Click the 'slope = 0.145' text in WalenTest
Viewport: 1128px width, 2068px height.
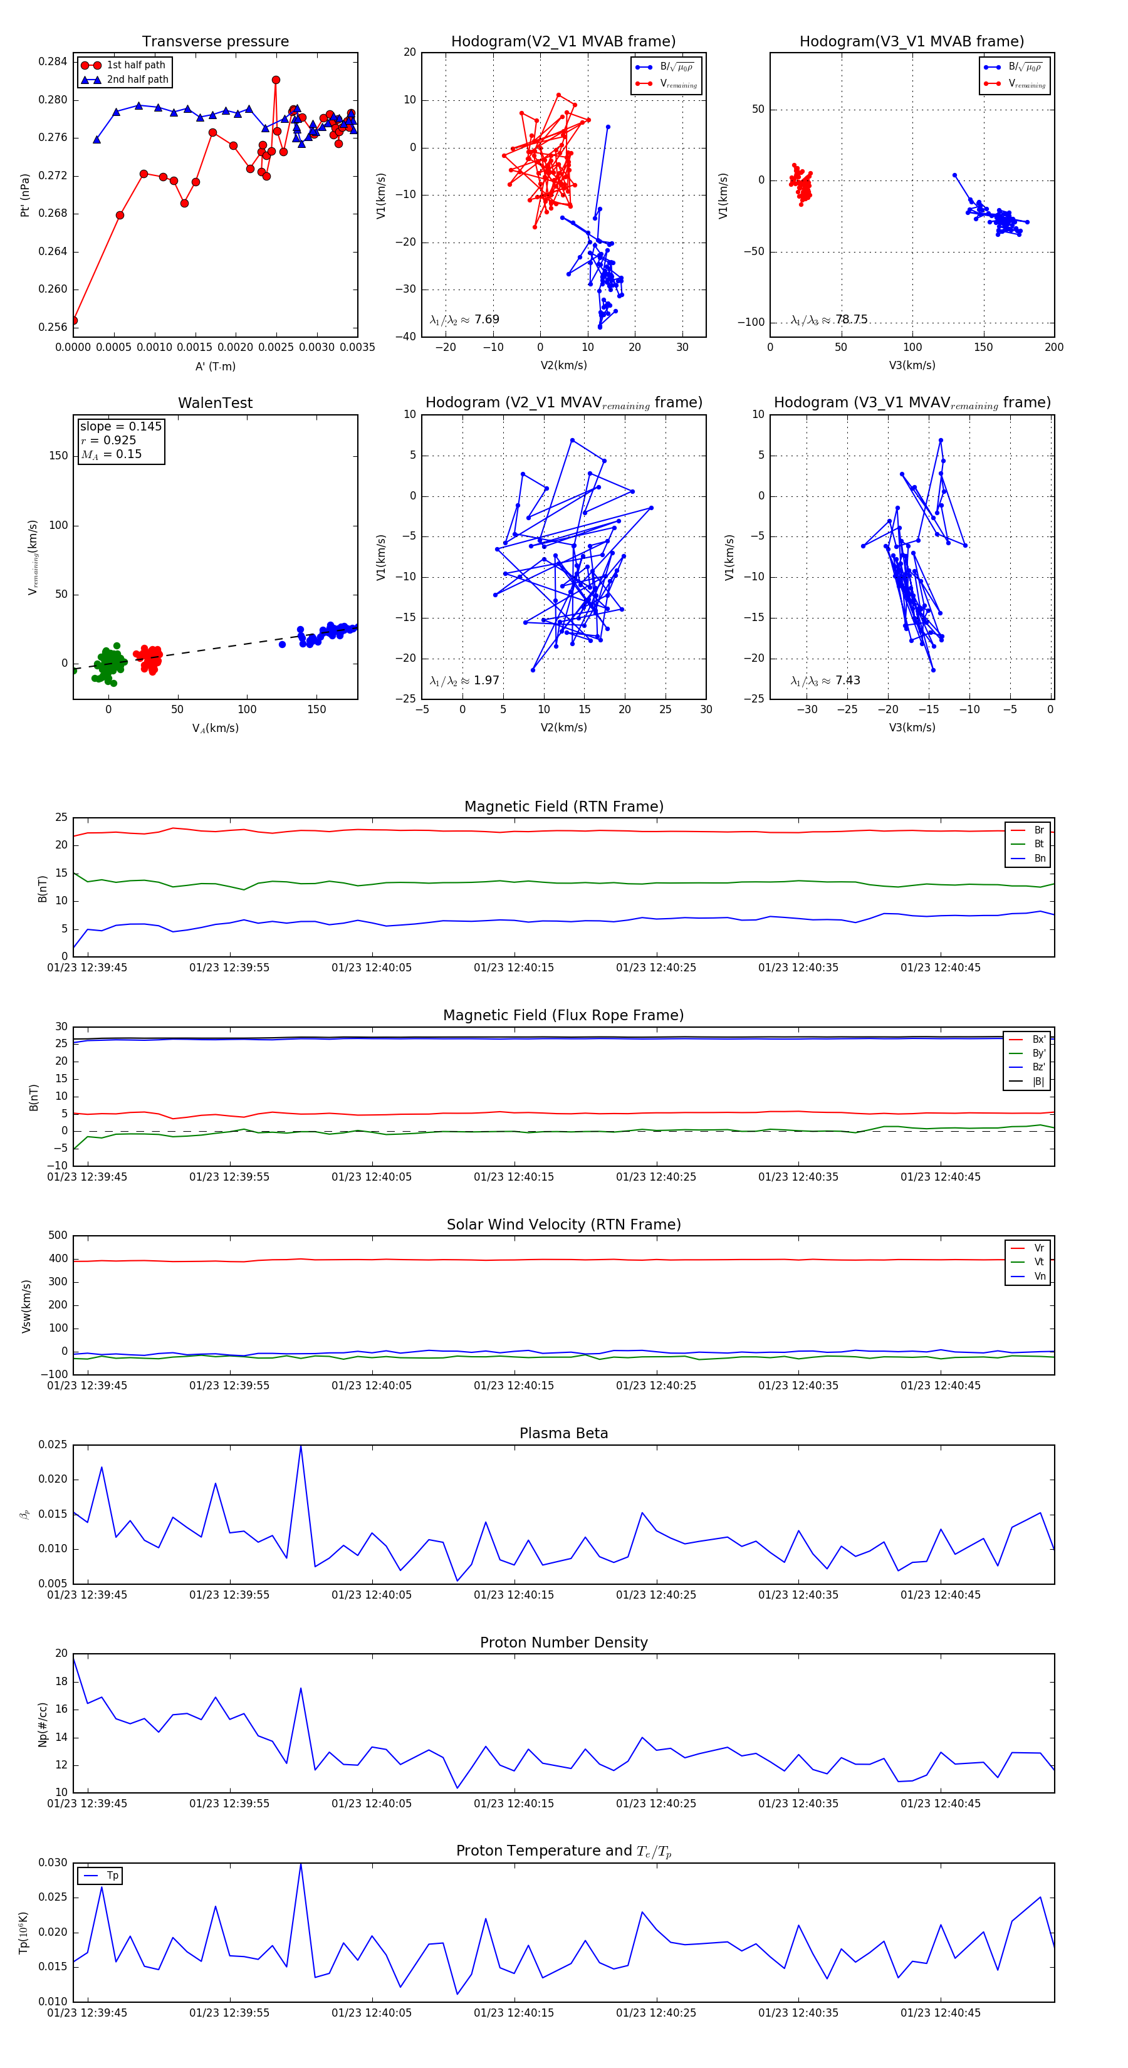(x=120, y=426)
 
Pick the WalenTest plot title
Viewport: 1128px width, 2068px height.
(x=215, y=403)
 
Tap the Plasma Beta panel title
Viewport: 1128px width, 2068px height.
(x=563, y=1434)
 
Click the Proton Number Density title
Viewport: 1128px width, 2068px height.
(x=563, y=1642)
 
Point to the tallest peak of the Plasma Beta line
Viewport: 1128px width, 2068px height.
(x=301, y=1446)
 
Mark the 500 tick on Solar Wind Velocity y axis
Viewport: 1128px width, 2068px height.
(x=58, y=1236)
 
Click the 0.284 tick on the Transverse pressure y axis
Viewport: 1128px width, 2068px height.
(x=53, y=62)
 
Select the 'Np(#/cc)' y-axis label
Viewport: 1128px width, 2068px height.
(x=43, y=1725)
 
